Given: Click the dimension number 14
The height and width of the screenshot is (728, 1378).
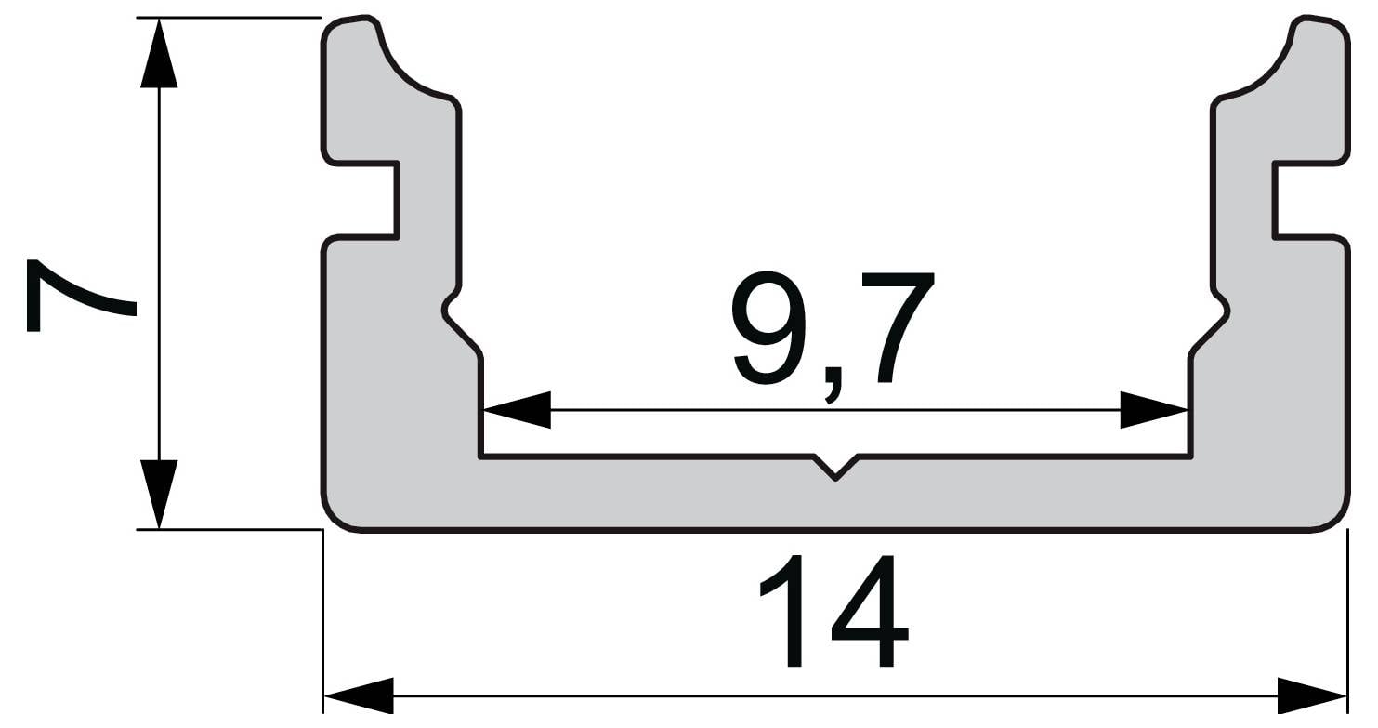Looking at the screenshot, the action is coord(834,611).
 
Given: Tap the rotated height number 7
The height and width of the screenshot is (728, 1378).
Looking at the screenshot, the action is coord(81,296).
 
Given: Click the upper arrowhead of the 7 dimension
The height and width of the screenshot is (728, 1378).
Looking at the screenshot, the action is coord(159,54).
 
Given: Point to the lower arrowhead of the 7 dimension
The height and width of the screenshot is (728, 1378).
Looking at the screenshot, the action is coord(159,494).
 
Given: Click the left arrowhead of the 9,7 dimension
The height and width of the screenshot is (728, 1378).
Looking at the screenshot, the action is coord(517,409).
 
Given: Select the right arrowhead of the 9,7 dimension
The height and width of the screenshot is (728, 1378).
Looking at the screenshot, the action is coord(1153,409).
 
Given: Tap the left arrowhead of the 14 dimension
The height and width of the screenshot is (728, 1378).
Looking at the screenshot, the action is coord(359,696).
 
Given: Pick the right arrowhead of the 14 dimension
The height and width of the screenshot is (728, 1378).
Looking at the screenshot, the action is coord(1312,696).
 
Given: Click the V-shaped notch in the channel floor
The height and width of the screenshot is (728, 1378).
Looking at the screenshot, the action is coord(835,467).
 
